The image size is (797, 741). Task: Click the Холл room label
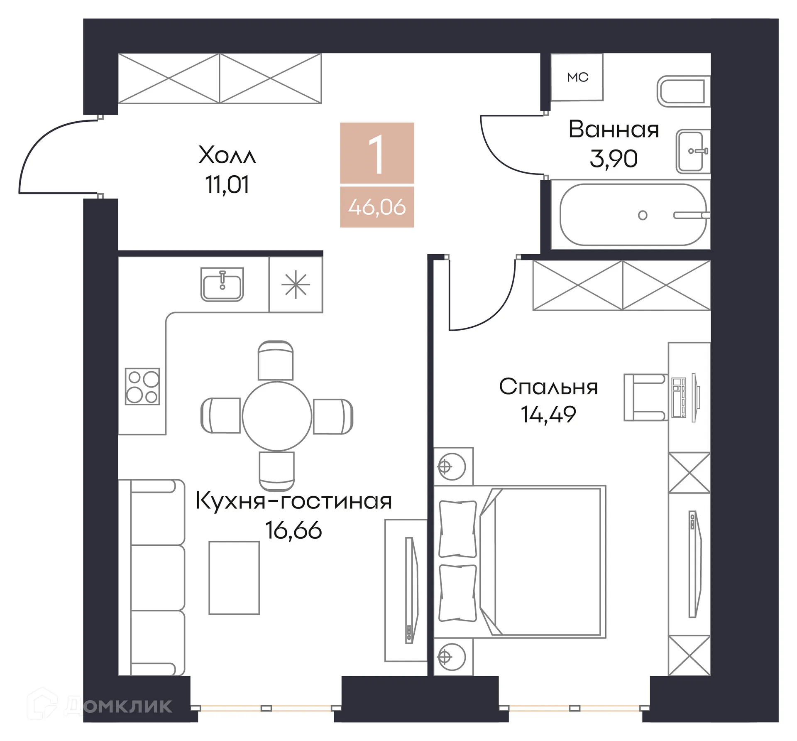227,155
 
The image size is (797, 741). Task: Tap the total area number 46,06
376,207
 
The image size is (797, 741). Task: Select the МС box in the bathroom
577,77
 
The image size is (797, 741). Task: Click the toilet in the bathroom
683,91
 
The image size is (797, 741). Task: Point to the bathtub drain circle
642,215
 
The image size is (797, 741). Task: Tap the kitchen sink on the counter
222,285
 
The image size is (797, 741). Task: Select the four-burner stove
142,386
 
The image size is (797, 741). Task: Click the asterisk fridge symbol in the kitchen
296,285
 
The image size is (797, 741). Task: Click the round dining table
277,416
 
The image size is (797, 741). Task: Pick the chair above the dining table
276,361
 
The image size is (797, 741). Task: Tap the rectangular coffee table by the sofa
234,577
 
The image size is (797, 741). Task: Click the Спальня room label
548,387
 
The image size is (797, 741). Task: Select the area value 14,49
548,415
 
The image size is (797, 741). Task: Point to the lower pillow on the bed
457,593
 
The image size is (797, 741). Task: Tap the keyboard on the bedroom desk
679,397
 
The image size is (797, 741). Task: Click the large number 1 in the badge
376,155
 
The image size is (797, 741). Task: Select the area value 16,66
293,530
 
